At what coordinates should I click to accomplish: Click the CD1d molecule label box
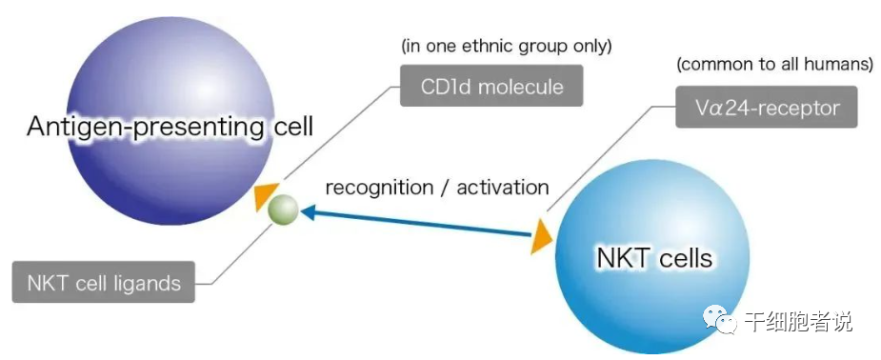click(491, 86)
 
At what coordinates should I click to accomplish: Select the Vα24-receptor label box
click(767, 107)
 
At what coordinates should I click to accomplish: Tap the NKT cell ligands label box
click(104, 282)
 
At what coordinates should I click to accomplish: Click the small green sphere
click(283, 210)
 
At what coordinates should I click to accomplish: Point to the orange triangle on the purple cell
click(265, 196)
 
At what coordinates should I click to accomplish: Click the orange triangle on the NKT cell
click(541, 236)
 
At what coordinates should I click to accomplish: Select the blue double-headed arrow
click(416, 223)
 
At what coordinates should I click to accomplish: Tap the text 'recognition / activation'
click(437, 187)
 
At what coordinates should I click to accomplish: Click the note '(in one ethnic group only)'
click(507, 46)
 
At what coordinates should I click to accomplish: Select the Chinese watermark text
click(798, 322)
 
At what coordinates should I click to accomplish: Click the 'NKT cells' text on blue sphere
click(654, 258)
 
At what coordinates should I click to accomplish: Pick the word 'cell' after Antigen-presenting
click(291, 127)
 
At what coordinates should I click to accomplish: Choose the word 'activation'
click(503, 187)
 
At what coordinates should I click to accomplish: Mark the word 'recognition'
click(373, 188)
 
